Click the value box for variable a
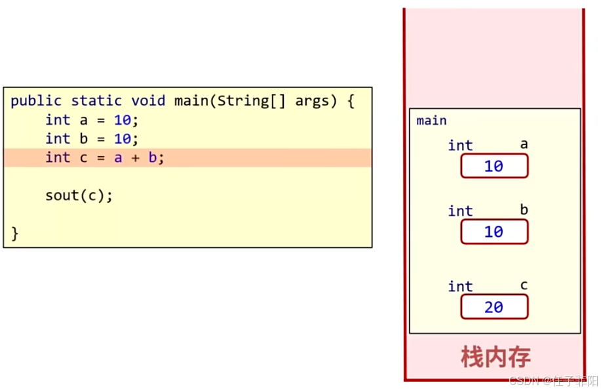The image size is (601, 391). [x=494, y=166]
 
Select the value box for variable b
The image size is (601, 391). [x=494, y=232]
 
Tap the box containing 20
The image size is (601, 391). [x=494, y=307]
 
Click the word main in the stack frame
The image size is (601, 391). [x=431, y=121]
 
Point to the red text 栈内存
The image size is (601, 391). [x=495, y=357]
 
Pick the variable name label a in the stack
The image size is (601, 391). [x=524, y=144]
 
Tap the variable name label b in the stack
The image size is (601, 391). [x=524, y=209]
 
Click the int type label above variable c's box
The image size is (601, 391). [x=460, y=287]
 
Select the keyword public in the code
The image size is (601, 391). [x=36, y=101]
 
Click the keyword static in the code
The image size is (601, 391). [x=96, y=101]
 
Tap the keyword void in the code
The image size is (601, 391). [x=148, y=101]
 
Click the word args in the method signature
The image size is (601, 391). [x=312, y=101]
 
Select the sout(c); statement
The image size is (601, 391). [x=79, y=195]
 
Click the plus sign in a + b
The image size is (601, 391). [x=135, y=157]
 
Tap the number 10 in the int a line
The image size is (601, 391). [x=123, y=120]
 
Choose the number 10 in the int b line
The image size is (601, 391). [x=123, y=138]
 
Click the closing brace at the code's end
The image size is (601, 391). [x=15, y=234]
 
